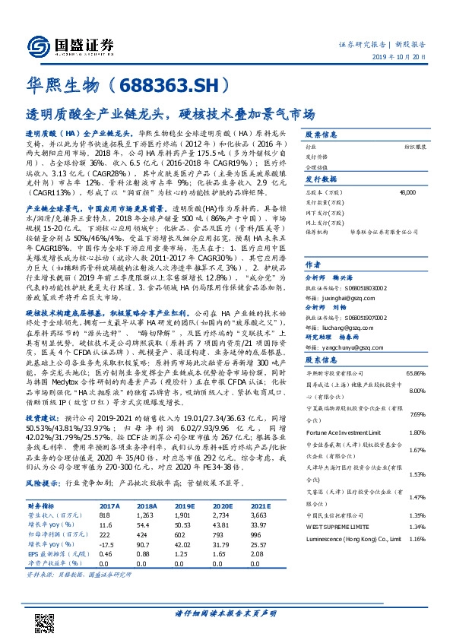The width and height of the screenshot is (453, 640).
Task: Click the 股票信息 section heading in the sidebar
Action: pyautogui.click(x=322, y=131)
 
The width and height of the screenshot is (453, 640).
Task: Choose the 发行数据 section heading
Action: pyautogui.click(x=322, y=179)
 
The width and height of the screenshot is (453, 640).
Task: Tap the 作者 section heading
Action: pyautogui.click(x=313, y=265)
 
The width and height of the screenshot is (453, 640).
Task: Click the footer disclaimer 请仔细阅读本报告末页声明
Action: pyautogui.click(x=226, y=612)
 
